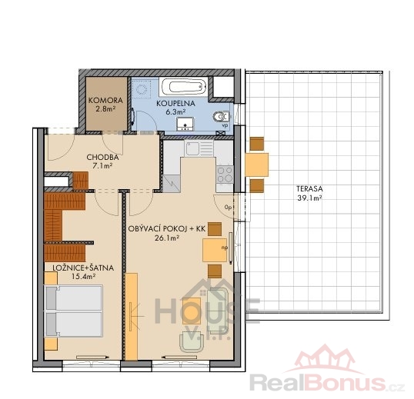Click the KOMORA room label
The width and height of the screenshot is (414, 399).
105,101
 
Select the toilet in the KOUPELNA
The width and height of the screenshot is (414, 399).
221,117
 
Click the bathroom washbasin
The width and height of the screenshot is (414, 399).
185,124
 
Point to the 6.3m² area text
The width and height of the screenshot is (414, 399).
175,112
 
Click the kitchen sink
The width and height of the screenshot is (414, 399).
199,148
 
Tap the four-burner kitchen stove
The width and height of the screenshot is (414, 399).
225,175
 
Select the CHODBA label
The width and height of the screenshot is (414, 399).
102,158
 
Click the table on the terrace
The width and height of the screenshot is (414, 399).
257,165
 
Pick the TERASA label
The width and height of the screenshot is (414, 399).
309,189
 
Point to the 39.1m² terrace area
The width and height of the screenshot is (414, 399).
309,198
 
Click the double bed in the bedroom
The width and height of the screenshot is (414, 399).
74,311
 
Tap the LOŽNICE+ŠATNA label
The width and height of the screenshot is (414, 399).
83,268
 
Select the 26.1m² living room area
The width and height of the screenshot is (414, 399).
167,238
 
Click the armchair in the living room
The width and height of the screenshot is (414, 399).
192,342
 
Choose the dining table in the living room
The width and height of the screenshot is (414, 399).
215,250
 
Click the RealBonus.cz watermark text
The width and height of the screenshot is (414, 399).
327,382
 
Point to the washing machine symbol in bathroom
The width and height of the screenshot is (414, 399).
142,89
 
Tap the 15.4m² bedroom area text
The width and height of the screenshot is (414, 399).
83,277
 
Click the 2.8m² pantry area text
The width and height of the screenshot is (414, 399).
105,109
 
